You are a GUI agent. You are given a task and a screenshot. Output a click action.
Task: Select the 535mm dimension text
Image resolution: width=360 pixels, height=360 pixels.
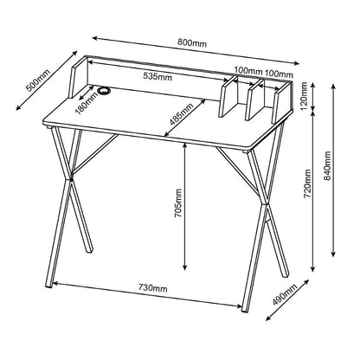pos(159,76)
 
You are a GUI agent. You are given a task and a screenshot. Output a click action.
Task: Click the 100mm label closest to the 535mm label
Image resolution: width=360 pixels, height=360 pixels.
pos(247,70)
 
